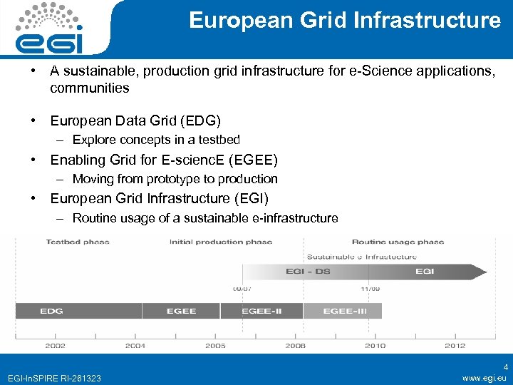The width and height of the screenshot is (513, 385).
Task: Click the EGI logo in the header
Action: (x=49, y=29)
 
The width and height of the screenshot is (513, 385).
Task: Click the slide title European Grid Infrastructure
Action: (x=345, y=21)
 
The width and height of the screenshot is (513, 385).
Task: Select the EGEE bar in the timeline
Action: (x=181, y=311)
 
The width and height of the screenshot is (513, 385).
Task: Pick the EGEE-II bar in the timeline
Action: (x=261, y=311)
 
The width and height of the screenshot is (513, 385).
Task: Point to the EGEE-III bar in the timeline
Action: (x=343, y=311)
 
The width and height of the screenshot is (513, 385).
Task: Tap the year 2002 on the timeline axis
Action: (x=56, y=345)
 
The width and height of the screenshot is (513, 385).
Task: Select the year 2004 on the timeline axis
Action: (x=135, y=345)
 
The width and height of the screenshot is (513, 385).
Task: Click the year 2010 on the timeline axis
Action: (x=375, y=345)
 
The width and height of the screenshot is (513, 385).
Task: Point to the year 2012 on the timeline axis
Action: (x=455, y=345)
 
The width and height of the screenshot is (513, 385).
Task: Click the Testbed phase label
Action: (x=78, y=242)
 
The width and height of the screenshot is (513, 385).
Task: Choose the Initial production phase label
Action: (x=221, y=242)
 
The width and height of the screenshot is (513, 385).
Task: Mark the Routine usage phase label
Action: (x=398, y=242)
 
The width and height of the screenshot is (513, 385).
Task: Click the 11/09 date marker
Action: (x=368, y=289)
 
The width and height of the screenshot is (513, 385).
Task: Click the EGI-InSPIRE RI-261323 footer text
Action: (x=53, y=377)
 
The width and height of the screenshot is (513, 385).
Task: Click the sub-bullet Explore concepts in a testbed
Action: (x=156, y=140)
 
